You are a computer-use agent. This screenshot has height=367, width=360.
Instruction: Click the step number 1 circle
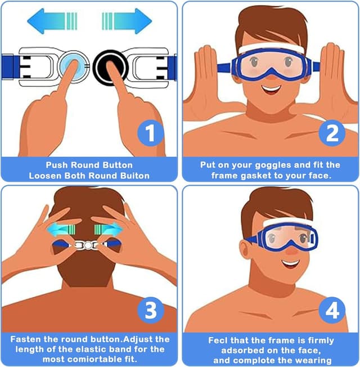tap(150, 133)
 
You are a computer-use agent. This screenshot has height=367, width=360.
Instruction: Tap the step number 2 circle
tap(332, 133)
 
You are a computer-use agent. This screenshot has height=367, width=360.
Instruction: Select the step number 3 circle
tap(150, 310)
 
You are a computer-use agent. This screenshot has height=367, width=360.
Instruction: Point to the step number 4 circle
tap(332, 310)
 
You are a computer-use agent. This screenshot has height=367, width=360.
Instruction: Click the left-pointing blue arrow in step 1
tap(52, 21)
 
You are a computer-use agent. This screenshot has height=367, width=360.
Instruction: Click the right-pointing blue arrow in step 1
tap(127, 21)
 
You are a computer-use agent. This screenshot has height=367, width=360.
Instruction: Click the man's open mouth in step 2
tap(271, 88)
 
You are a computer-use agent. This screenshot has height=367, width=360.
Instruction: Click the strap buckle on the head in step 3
tap(89, 245)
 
